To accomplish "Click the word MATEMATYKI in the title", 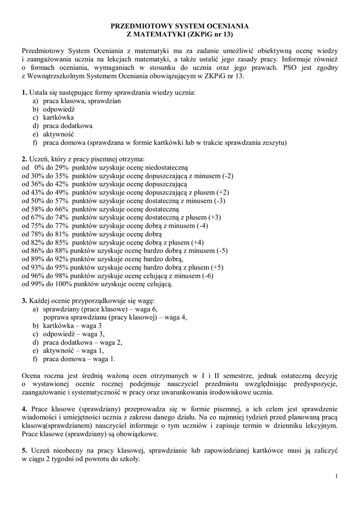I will coord(160,34).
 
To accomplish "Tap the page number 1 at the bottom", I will coord(336,476).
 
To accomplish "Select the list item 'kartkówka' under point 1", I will coord(59,118).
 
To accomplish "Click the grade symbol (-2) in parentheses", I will coord(228,176).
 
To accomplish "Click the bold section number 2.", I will coord(24,159).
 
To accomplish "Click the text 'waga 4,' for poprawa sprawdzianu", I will coord(174,317).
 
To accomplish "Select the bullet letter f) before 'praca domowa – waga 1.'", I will coord(35,359).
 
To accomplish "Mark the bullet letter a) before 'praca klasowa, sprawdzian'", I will coord(35,101).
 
